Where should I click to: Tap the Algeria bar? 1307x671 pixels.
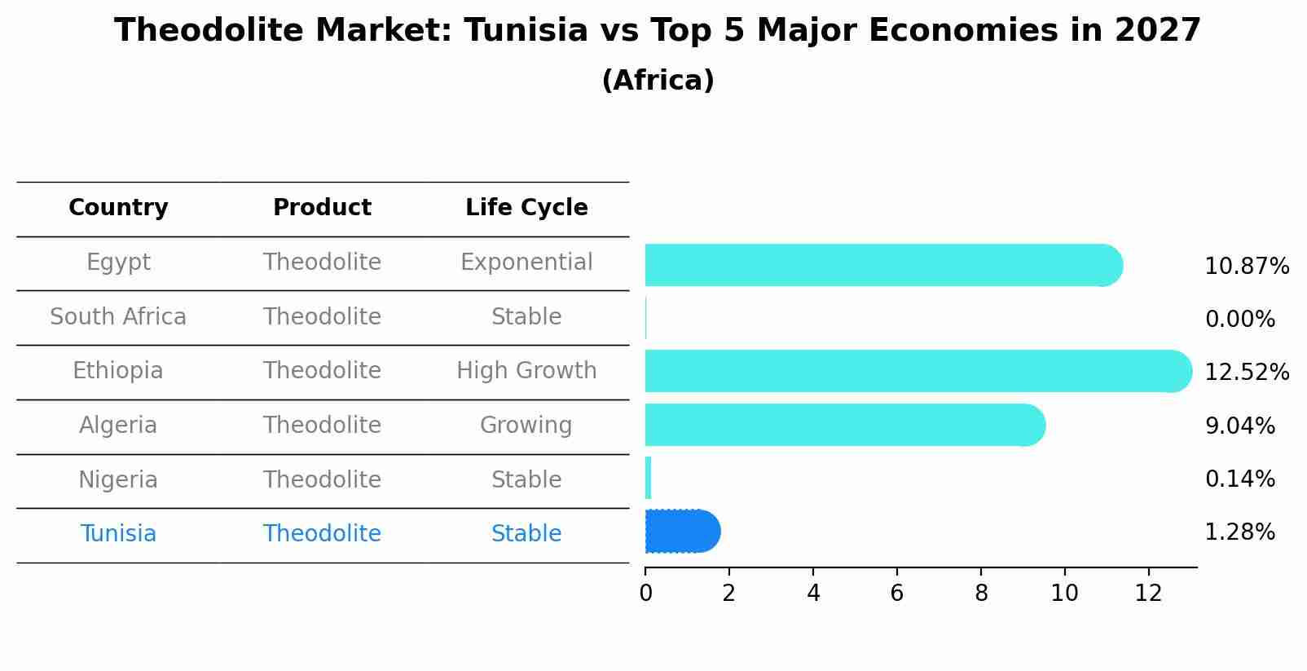click(844, 425)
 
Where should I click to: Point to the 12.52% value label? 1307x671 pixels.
click(1247, 373)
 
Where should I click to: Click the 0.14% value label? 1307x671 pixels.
click(1239, 479)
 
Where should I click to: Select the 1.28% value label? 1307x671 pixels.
click(1239, 532)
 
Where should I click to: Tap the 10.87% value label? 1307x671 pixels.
click(1247, 267)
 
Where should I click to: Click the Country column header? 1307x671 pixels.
click(118, 208)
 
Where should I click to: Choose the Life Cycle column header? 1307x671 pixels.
click(526, 208)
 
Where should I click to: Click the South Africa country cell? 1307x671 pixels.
click(118, 316)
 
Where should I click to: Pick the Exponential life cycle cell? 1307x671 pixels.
click(526, 263)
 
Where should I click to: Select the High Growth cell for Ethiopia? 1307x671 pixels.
click(526, 371)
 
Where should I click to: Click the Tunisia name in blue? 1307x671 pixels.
click(118, 534)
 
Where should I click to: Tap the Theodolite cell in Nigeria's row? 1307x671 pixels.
click(322, 479)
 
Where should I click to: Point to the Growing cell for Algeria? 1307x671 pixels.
click(526, 426)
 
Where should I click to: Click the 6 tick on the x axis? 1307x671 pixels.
click(897, 594)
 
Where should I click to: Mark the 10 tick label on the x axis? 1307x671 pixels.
click(1064, 594)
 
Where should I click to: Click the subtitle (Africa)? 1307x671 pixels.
click(658, 81)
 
